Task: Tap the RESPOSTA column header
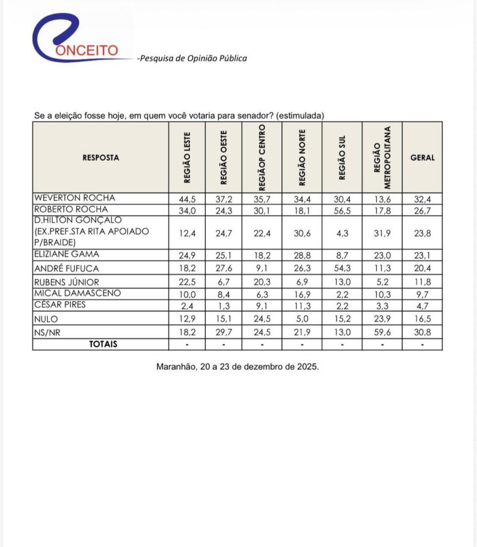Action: tap(101, 158)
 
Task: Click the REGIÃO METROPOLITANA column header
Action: tap(382, 158)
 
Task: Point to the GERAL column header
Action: tap(422, 158)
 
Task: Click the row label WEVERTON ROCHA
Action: tap(74, 198)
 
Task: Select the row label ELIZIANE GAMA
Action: tap(66, 254)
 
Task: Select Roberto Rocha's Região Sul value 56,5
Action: tap(342, 209)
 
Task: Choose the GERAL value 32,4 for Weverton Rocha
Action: tap(422, 198)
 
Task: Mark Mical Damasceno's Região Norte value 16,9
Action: tap(302, 293)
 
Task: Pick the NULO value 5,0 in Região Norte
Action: tap(302, 318)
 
